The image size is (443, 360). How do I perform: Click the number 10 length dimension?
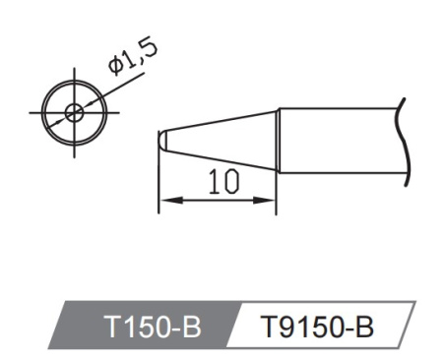pos(221,181)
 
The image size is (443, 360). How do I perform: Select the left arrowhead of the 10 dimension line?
pos(165,201)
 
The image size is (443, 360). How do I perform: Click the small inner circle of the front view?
pos(73,111)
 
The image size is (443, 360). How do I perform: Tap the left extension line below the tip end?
pos(159,187)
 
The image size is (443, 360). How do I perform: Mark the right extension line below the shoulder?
pos(278,192)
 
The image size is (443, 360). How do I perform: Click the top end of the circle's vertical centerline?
pos(73,71)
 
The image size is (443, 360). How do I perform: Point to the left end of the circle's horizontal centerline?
pos(33,111)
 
